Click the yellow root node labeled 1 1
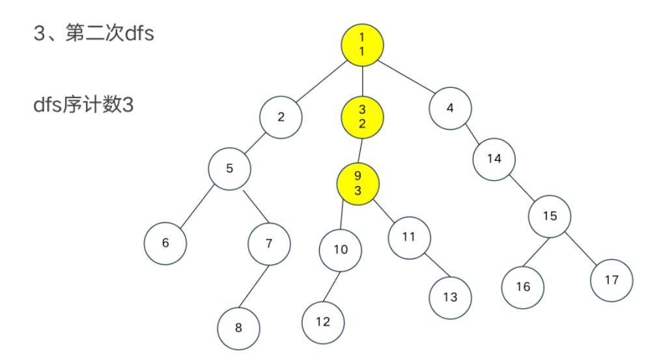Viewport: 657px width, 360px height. (x=362, y=44)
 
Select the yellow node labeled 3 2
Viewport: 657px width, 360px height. (x=362, y=117)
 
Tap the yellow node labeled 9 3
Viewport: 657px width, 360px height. (x=357, y=183)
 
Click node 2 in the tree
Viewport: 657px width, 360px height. (x=281, y=117)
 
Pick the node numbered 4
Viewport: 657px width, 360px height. (x=450, y=108)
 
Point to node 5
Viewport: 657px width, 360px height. (x=229, y=169)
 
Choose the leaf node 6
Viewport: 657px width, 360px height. (x=165, y=243)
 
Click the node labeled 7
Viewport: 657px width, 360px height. (x=269, y=243)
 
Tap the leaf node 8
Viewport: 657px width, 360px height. (x=238, y=327)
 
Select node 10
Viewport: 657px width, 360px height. (x=341, y=250)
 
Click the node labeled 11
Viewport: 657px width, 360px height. (x=409, y=237)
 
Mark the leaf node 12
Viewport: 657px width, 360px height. (x=323, y=322)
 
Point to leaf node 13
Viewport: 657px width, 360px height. (x=450, y=298)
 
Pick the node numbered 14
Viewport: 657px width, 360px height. (x=494, y=158)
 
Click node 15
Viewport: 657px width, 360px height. (x=550, y=216)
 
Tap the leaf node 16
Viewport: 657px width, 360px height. (x=523, y=286)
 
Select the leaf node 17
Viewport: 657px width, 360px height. (x=611, y=280)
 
